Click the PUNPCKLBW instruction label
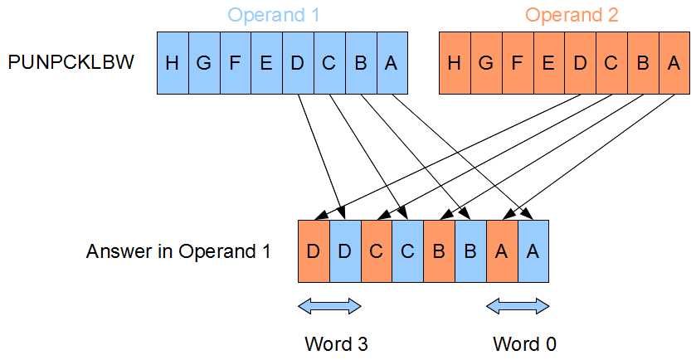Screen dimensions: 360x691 pyautogui.click(x=71, y=63)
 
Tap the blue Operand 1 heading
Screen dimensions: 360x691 pyautogui.click(x=273, y=15)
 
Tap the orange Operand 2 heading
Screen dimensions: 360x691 pyautogui.click(x=572, y=15)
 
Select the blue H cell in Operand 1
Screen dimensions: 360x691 pyautogui.click(x=172, y=63)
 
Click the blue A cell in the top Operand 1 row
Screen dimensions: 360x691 pyautogui.click(x=392, y=63)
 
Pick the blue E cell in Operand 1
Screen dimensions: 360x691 pyautogui.click(x=266, y=63)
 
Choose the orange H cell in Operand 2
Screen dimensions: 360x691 pyautogui.click(x=454, y=63)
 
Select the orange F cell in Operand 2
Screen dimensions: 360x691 pyautogui.click(x=518, y=63)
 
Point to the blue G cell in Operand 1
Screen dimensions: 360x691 pyautogui.click(x=203, y=63)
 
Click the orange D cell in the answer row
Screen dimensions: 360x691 pyautogui.click(x=314, y=251)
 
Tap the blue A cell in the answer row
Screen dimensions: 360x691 pyautogui.click(x=533, y=251)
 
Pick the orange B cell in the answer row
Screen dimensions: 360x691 pyautogui.click(x=439, y=251)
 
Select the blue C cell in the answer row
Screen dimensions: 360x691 pyautogui.click(x=407, y=251)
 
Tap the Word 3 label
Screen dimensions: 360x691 pyautogui.click(x=329, y=343)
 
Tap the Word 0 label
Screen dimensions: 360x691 pyautogui.click(x=518, y=343)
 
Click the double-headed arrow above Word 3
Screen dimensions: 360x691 pyautogui.click(x=329, y=307)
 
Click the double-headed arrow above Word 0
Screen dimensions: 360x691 pyautogui.click(x=518, y=307)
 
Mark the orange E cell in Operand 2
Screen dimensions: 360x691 pyautogui.click(x=548, y=63)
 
